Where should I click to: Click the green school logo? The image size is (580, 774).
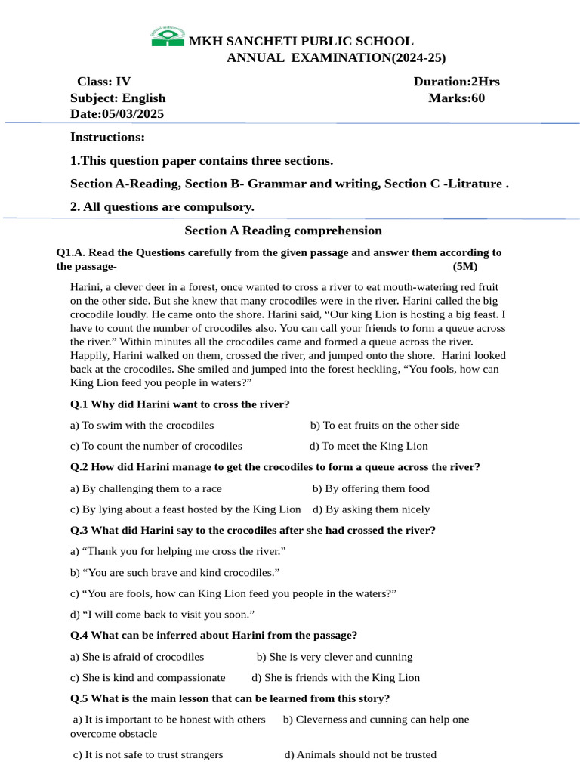(168, 37)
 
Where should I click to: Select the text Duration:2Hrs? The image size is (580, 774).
(456, 82)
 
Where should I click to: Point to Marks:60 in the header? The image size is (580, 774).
(456, 98)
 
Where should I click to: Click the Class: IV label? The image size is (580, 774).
(103, 82)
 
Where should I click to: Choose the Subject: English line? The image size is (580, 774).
(118, 98)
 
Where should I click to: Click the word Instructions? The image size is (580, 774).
(107, 137)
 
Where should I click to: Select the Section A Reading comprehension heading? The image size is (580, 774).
(283, 231)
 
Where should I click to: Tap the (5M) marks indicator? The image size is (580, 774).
(465, 266)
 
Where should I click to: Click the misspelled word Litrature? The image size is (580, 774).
(474, 184)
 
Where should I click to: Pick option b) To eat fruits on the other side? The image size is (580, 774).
(384, 425)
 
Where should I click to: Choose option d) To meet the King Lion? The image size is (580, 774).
(369, 446)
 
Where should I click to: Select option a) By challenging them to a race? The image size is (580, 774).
(146, 488)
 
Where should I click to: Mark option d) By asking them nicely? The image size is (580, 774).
(371, 509)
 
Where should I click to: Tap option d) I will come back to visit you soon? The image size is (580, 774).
(162, 614)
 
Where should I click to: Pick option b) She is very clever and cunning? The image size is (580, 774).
(335, 657)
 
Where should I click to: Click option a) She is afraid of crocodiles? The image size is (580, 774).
(137, 657)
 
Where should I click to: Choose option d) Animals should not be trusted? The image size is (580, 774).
(360, 754)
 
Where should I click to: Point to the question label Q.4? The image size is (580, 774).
(79, 635)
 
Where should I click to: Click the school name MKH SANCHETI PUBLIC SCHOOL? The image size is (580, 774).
(301, 42)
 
